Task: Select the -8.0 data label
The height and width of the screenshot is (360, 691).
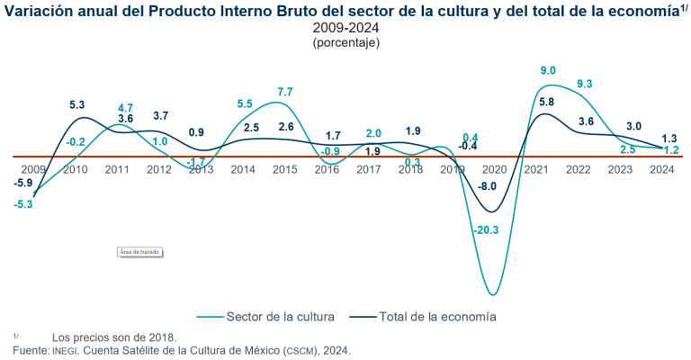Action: pos(488,186)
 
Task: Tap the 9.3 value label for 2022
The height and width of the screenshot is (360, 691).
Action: pos(584,84)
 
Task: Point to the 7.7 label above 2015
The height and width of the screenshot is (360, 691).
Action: pos(285,92)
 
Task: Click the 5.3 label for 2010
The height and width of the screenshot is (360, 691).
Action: pos(77,105)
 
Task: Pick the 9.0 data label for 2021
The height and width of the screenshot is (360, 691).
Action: pos(547,70)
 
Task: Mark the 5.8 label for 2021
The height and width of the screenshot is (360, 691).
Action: pos(546,103)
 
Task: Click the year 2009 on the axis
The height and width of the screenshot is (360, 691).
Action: pos(33,169)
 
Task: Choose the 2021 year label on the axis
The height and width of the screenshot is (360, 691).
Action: pos(537,169)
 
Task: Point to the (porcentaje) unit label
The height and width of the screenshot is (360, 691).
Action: pos(345,42)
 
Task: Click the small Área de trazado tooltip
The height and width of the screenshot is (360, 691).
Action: pos(139,252)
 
